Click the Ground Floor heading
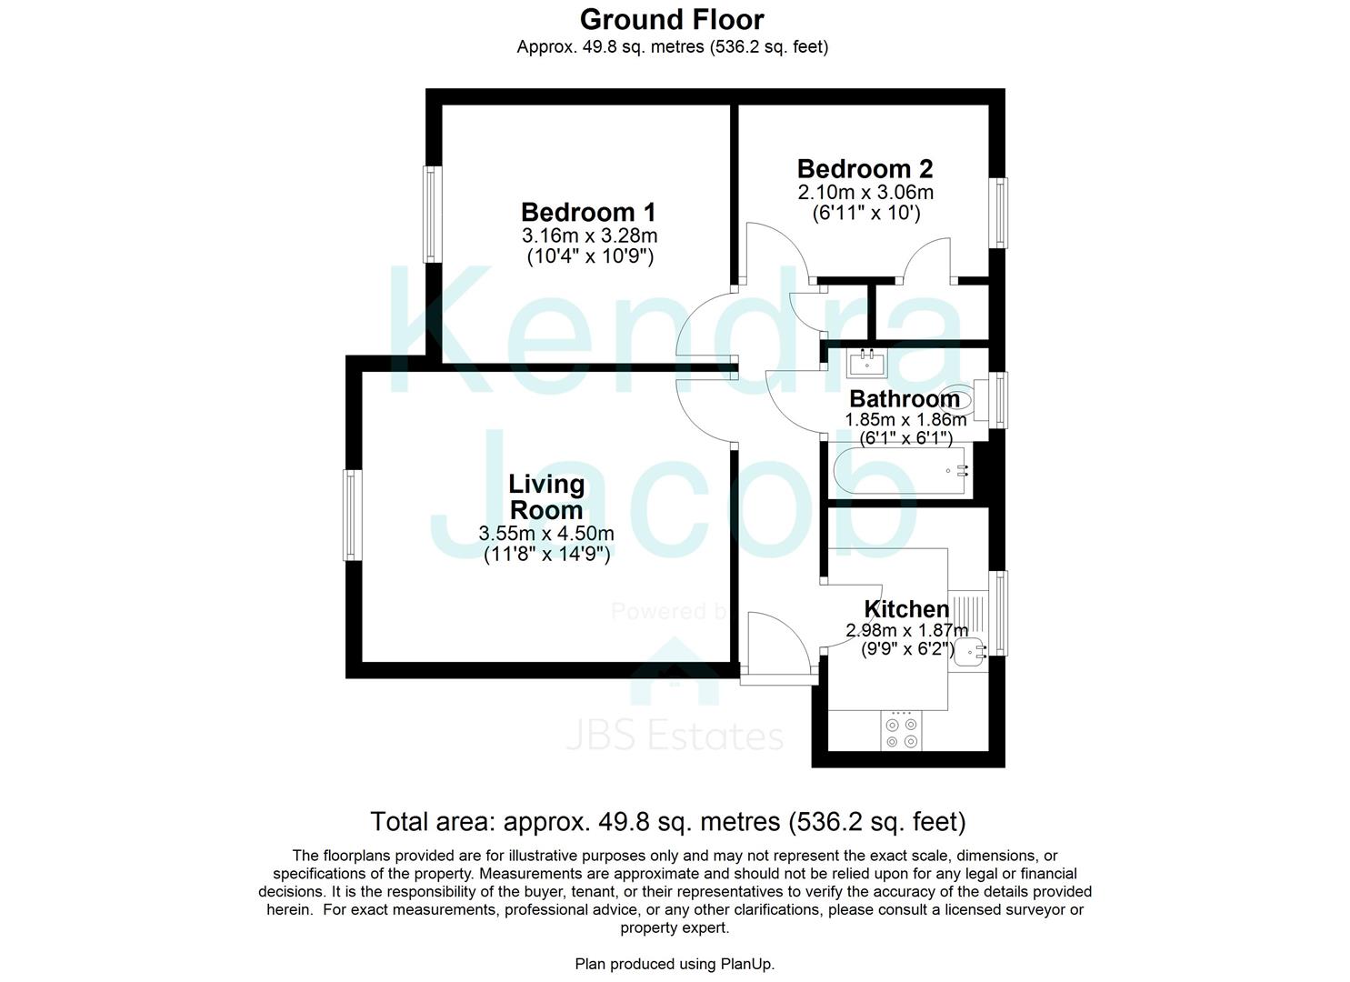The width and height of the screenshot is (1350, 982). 672,20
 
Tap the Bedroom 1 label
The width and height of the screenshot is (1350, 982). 588,212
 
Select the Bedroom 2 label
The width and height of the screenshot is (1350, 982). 865,169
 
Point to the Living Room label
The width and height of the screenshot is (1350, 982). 546,496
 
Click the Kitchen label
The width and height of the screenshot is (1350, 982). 906,609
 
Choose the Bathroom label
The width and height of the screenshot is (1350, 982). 905,399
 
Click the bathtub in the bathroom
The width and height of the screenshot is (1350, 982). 902,471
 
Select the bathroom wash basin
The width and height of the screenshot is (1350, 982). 867,363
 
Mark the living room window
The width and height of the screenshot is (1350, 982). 353,515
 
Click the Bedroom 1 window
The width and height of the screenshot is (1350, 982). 432,214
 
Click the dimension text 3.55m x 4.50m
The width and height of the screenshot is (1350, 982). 546,533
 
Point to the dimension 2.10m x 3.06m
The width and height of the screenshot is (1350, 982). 865,192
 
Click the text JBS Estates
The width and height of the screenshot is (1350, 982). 675,736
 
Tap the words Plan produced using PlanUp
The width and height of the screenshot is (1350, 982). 675,964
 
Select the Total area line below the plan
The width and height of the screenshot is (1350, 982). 668,822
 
